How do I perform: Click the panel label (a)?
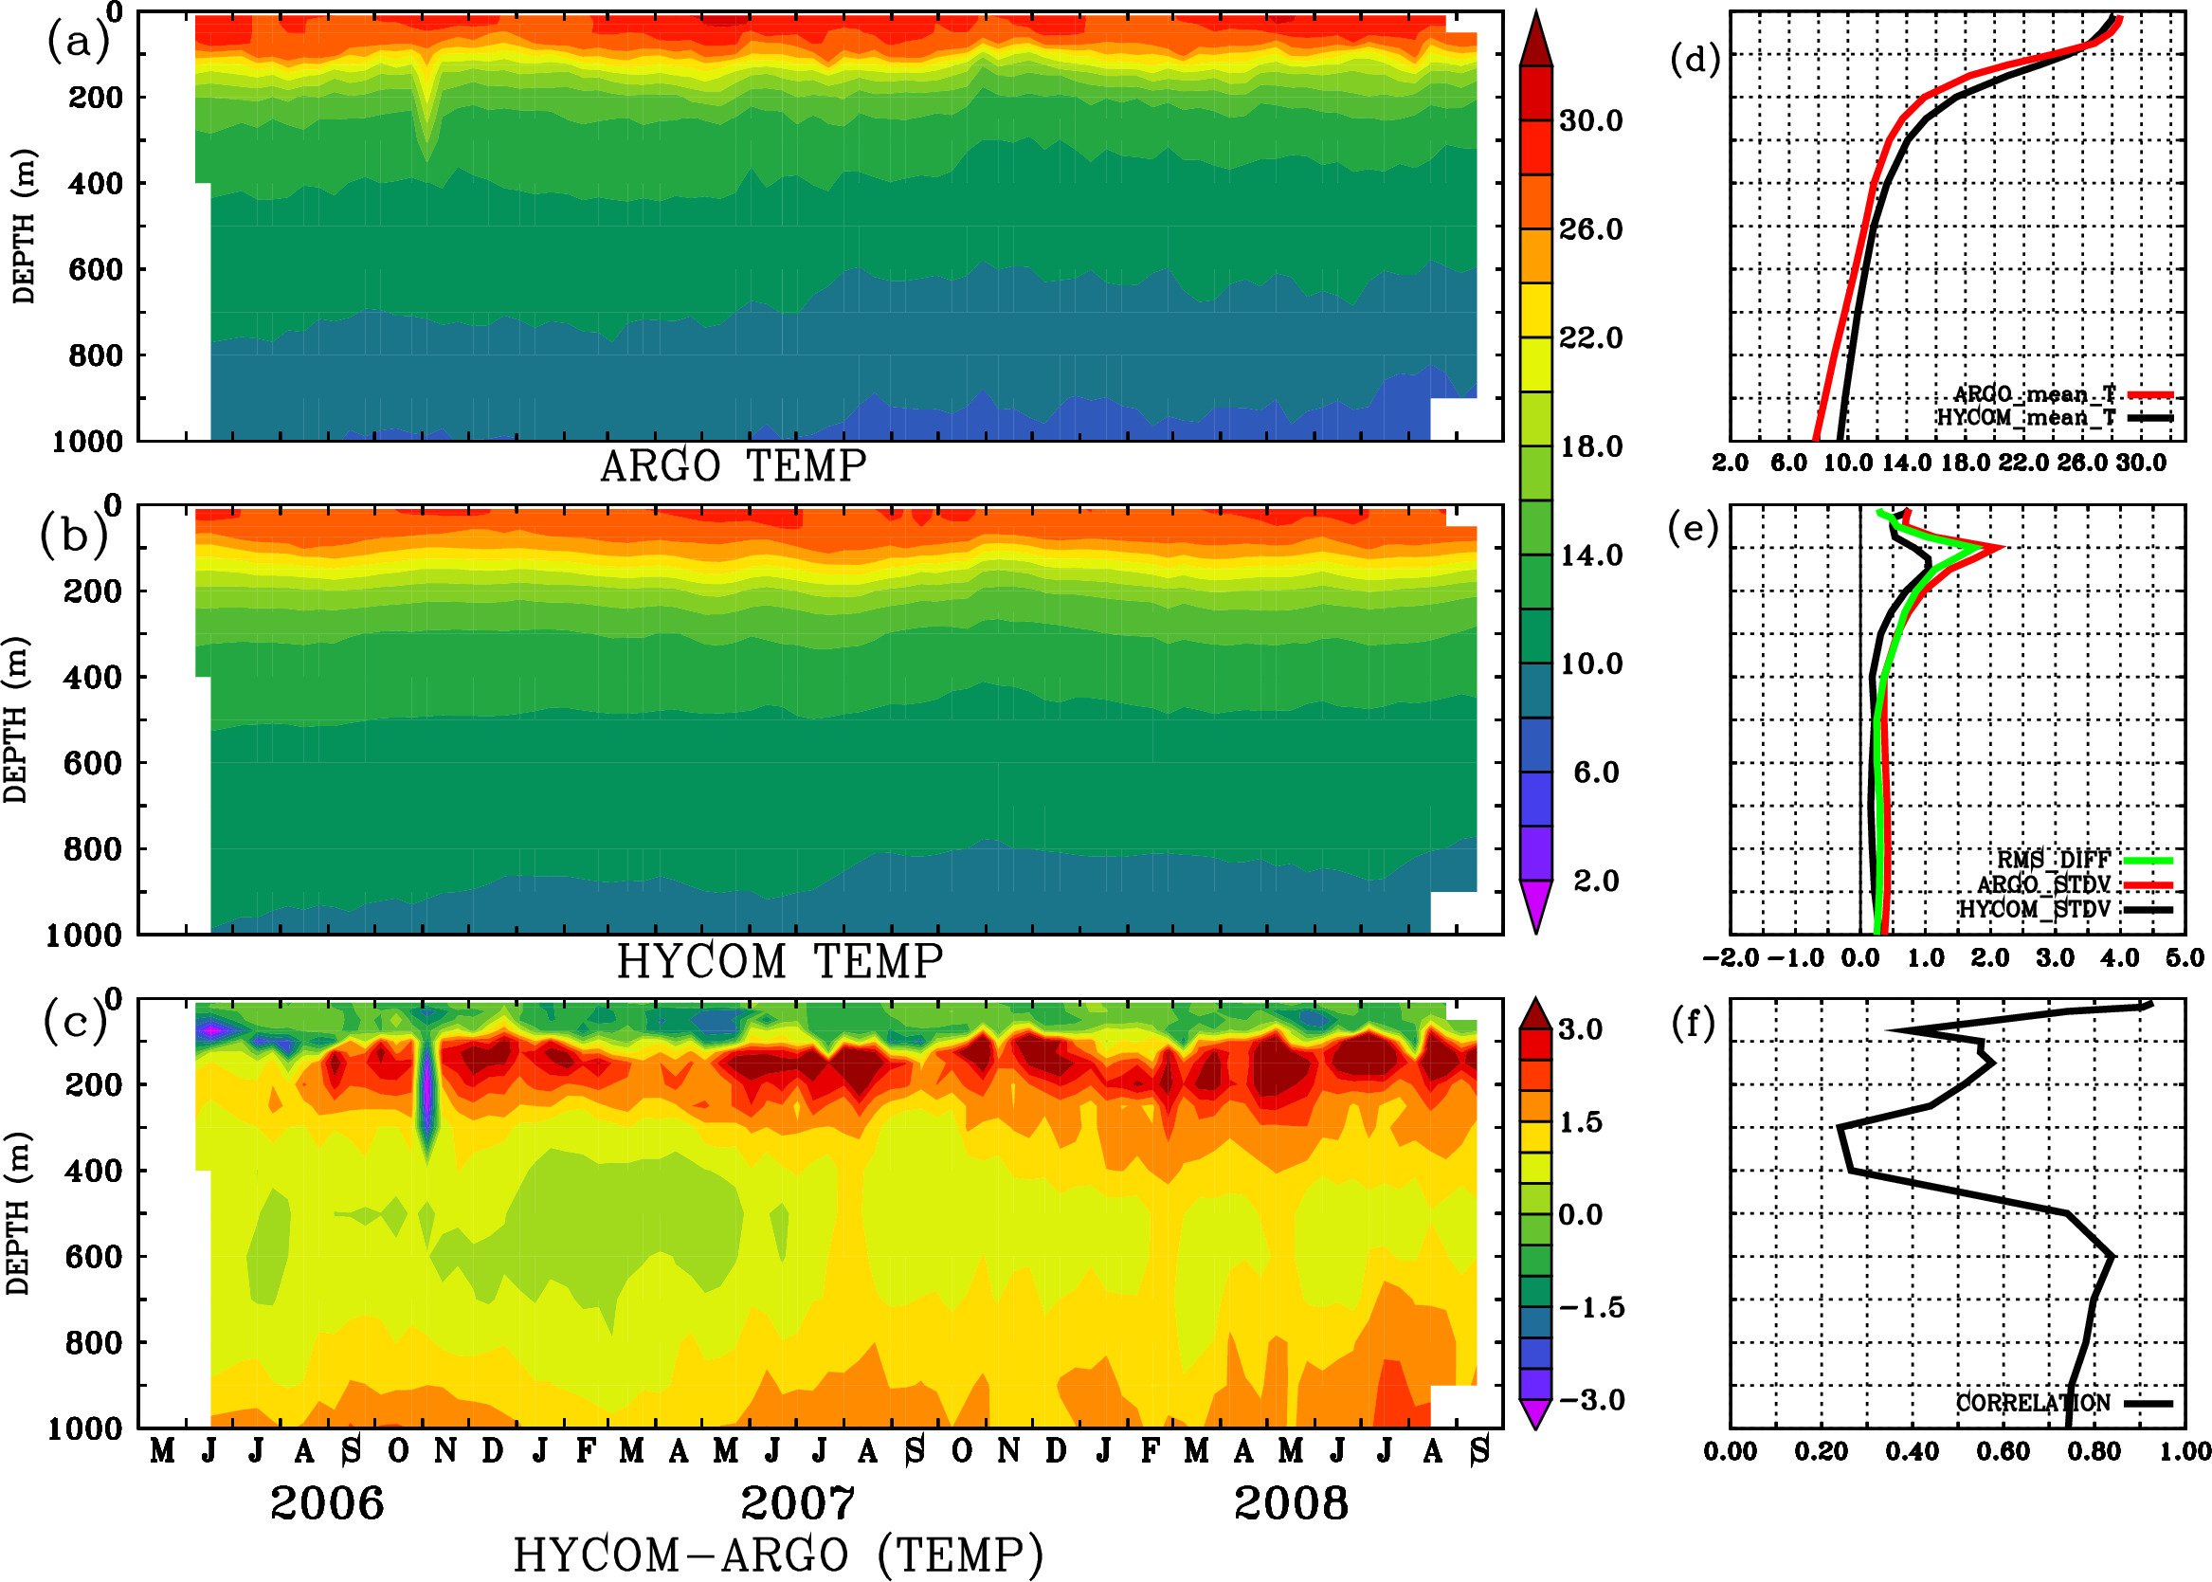click(x=78, y=43)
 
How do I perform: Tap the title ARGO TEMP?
click(x=733, y=466)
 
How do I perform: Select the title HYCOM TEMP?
click(x=779, y=961)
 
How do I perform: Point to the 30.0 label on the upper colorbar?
click(x=1590, y=120)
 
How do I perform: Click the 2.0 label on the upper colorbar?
click(x=1596, y=881)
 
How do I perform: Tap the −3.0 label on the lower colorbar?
click(x=1590, y=1400)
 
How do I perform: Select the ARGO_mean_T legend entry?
click(x=2035, y=394)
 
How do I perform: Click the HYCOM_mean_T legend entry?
click(x=2026, y=418)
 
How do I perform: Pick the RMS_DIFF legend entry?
click(x=2053, y=860)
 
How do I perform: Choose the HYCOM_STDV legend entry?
click(x=2034, y=909)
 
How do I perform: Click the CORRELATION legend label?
click(x=2033, y=1403)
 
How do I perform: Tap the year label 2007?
click(x=798, y=1503)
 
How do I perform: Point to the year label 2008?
click(x=1291, y=1503)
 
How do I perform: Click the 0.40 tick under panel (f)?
click(x=1912, y=1451)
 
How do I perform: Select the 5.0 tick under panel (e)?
click(x=2185, y=957)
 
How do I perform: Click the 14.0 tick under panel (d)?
click(x=1906, y=463)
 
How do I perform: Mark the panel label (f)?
click(x=1693, y=1024)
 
